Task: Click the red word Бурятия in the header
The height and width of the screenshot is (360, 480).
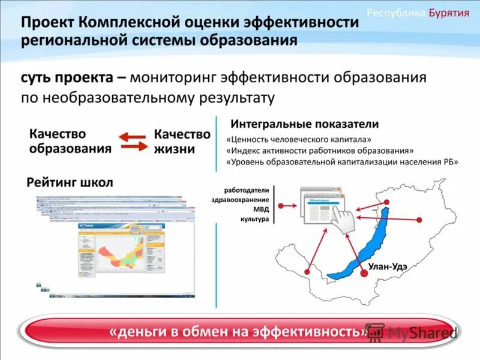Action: (449, 13)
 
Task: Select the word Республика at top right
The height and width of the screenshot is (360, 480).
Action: (396, 13)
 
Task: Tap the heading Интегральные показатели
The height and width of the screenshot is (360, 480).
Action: (304, 124)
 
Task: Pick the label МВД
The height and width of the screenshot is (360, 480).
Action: (261, 209)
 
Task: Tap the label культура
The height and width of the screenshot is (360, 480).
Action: (255, 220)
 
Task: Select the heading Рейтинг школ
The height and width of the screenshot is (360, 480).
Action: (70, 182)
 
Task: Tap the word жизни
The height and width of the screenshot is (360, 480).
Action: (175, 149)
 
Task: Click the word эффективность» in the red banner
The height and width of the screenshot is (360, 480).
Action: (318, 331)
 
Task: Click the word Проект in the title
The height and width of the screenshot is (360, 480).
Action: (49, 23)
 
